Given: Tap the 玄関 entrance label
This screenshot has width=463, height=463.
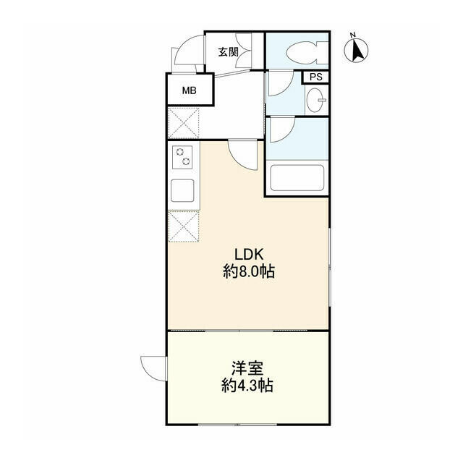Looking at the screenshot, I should pyautogui.click(x=229, y=52).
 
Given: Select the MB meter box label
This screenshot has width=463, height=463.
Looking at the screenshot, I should pyautogui.click(x=189, y=90).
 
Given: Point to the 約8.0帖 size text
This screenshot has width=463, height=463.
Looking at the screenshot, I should pyautogui.click(x=249, y=273).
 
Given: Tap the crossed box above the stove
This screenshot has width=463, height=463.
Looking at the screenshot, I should pyautogui.click(x=182, y=123).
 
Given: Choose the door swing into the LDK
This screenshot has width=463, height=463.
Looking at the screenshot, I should pyautogui.click(x=242, y=154).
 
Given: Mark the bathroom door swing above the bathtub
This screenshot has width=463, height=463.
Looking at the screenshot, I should pyautogui.click(x=281, y=129).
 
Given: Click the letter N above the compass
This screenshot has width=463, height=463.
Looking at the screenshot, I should pyautogui.click(x=352, y=34).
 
